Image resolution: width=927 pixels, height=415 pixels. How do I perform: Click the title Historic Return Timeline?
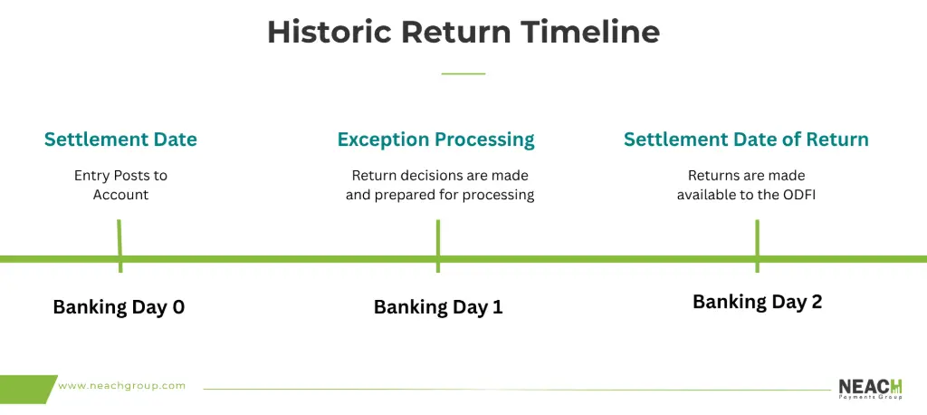point(463,32)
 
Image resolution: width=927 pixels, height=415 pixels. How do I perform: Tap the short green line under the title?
point(463,73)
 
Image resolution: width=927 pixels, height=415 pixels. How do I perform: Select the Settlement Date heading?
point(120,140)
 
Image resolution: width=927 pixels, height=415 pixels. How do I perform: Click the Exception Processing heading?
point(436,140)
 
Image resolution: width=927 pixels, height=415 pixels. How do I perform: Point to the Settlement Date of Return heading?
point(746,140)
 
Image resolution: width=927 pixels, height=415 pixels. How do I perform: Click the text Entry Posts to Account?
point(120,185)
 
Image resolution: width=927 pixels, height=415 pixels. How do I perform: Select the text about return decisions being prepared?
point(440,185)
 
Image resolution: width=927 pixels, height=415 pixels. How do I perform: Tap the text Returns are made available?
point(746,185)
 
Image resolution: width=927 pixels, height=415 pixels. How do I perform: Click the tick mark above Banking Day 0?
point(119,246)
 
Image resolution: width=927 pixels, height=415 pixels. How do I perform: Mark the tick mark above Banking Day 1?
point(437,246)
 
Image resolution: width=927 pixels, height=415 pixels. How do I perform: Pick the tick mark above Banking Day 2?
point(757,246)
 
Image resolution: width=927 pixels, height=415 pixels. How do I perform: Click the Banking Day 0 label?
point(119,307)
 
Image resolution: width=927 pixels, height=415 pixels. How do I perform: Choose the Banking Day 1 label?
point(438,307)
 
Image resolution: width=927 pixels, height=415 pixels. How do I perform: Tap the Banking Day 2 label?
point(758,302)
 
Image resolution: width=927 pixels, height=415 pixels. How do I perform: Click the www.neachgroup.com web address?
point(122,386)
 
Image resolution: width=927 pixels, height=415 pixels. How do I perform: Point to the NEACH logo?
point(870,389)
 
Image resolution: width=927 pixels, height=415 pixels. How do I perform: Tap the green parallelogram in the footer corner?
point(28,389)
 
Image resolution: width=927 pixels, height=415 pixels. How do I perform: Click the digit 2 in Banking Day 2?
point(817,302)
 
